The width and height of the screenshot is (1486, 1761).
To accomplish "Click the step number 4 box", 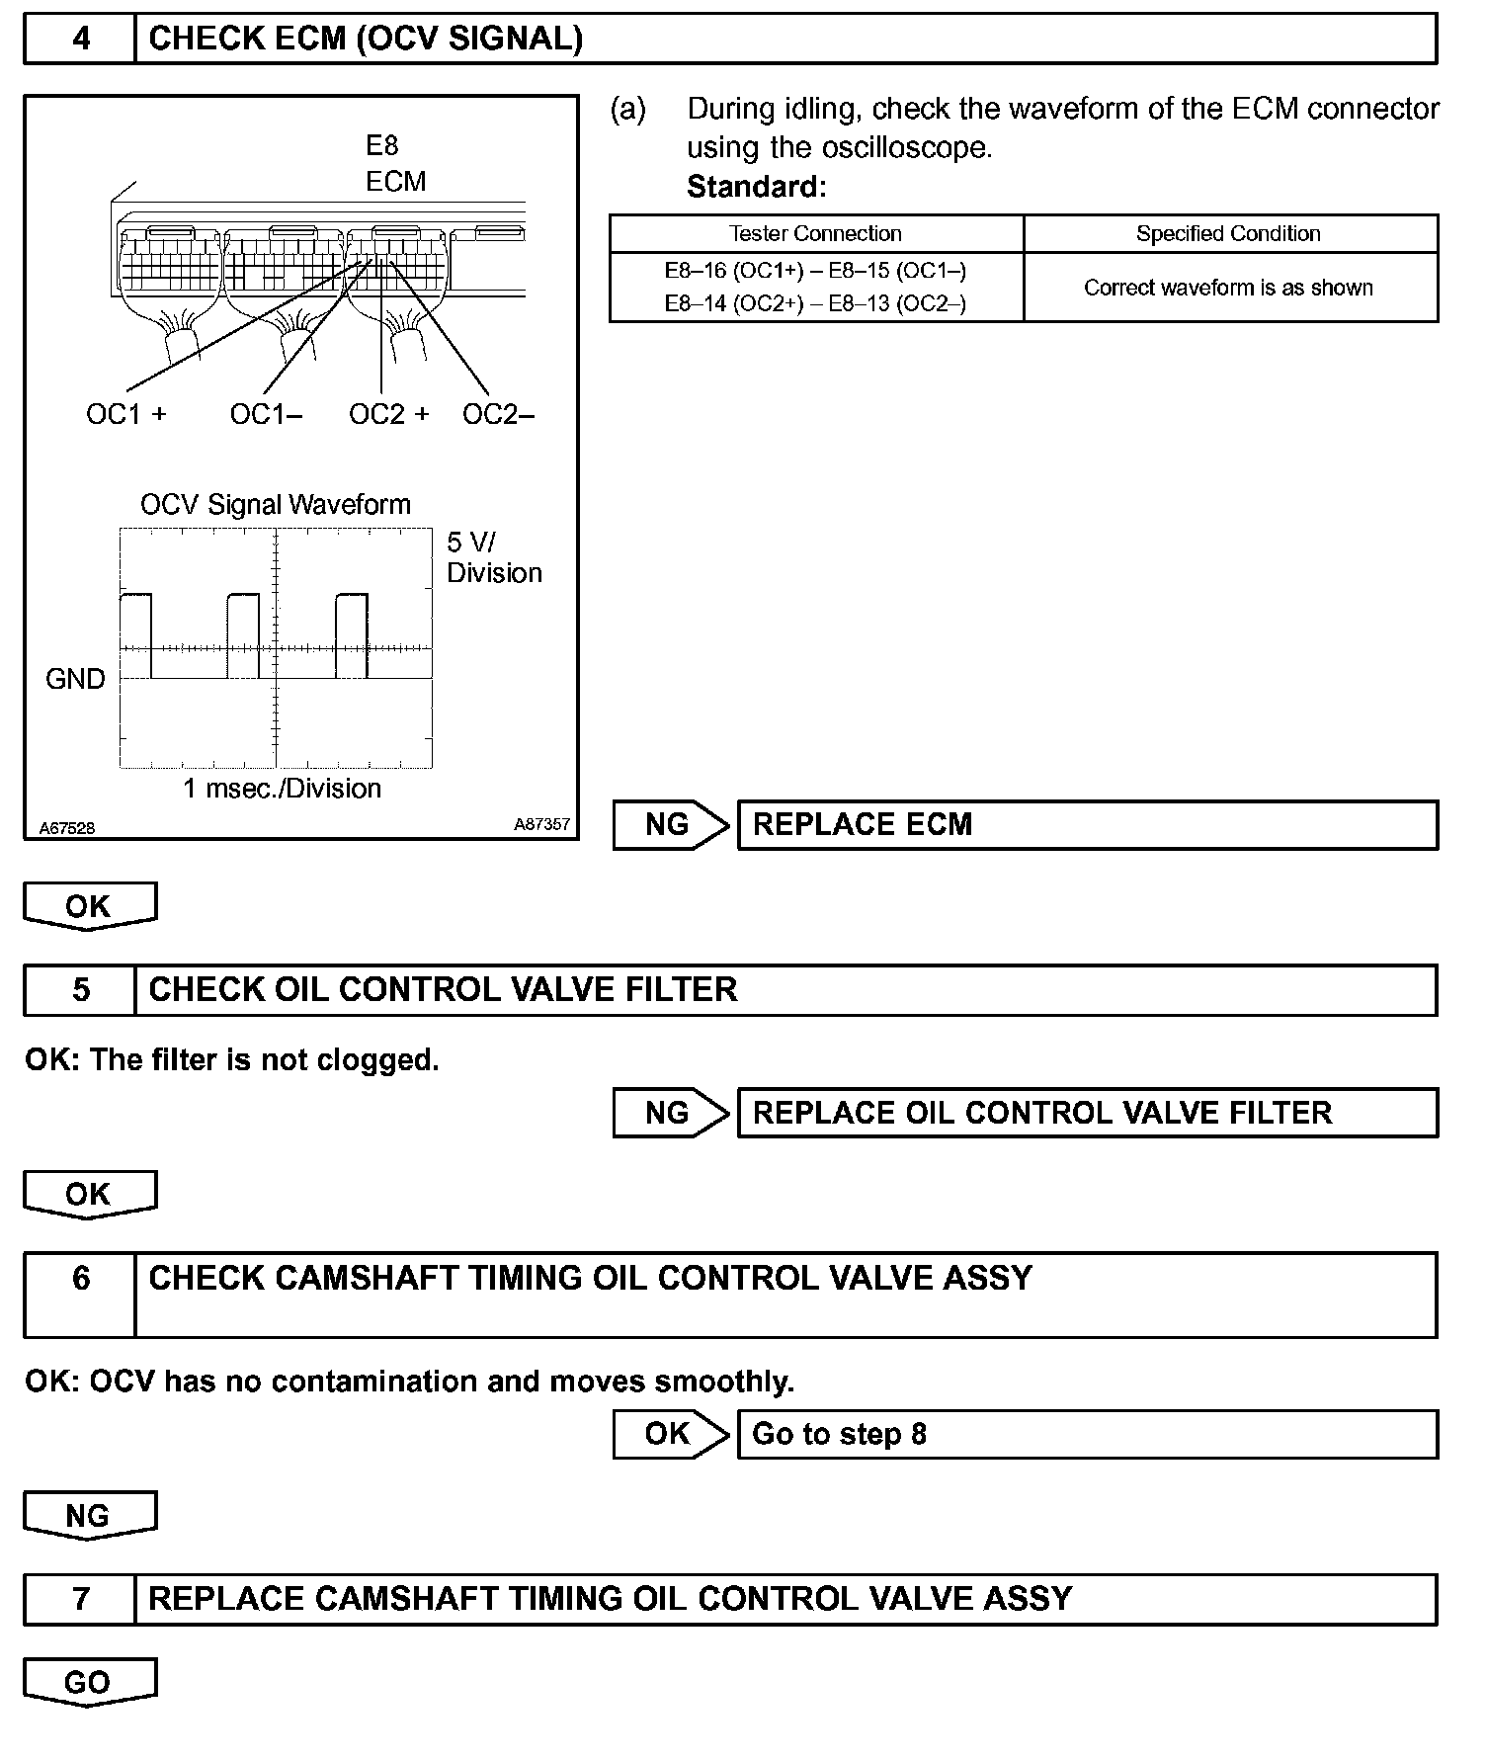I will tap(80, 39).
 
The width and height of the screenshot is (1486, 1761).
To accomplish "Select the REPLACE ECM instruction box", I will tap(1087, 825).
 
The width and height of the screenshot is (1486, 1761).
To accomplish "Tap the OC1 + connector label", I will tap(125, 414).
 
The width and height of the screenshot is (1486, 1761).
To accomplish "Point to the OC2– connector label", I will tap(498, 414).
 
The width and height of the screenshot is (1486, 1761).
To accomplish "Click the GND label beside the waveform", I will tap(75, 679).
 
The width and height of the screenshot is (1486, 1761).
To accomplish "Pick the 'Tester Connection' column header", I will tap(815, 234).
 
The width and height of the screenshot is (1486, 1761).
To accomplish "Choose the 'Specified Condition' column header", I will tap(1228, 234).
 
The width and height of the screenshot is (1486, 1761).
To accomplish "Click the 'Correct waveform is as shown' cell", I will tap(1228, 288).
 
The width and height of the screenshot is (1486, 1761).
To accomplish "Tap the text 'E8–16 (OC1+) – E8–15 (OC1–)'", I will tap(815, 270).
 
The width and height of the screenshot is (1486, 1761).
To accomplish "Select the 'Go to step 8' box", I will tap(1087, 1434).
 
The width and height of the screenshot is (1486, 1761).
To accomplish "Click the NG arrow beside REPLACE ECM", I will tap(669, 825).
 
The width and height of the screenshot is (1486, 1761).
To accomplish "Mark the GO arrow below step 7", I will tap(89, 1682).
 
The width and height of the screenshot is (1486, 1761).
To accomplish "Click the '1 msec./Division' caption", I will tap(282, 789).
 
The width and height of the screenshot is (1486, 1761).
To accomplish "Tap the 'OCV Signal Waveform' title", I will tap(275, 505).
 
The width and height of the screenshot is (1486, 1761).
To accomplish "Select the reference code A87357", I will tap(541, 824).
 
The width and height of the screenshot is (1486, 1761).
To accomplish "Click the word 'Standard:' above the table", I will tap(756, 187).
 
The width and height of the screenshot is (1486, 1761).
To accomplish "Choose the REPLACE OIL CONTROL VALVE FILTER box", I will tap(1087, 1113).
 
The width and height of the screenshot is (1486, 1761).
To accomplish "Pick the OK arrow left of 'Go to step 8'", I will tap(669, 1434).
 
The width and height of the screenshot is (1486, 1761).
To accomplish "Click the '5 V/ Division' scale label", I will tap(493, 557).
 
